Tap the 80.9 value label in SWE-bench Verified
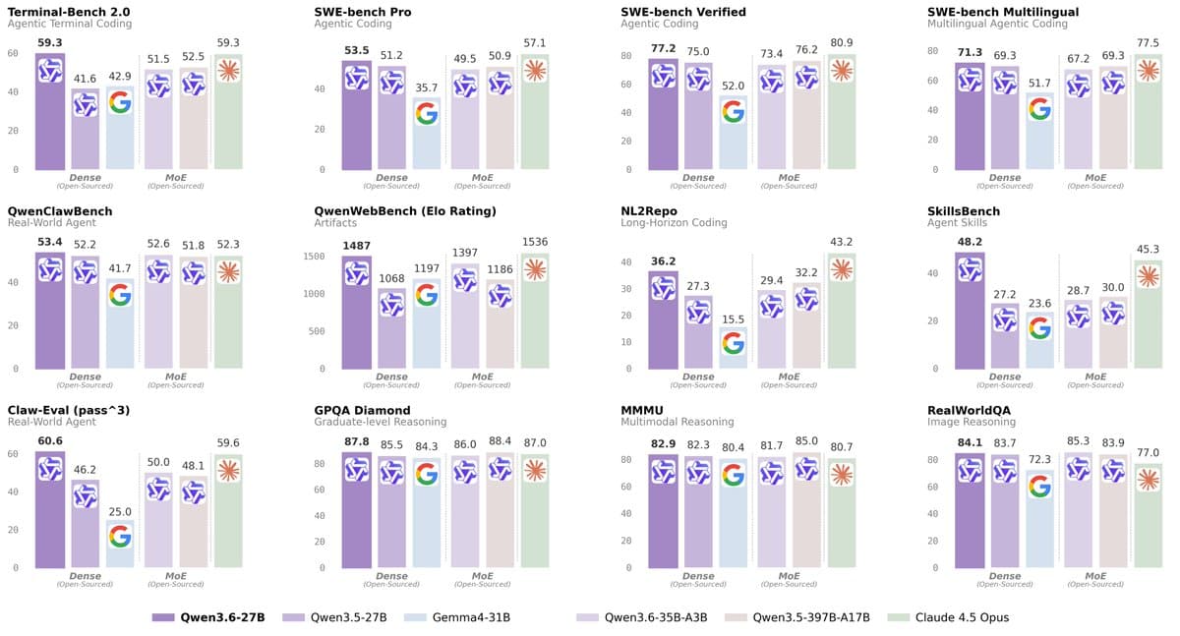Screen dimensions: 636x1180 click(842, 44)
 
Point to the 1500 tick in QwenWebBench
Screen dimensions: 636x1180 click(315, 257)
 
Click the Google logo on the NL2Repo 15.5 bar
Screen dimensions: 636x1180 click(733, 343)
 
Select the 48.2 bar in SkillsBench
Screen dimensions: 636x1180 click(970, 310)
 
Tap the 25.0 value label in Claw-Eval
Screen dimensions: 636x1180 click(120, 511)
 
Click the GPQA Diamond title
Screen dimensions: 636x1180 click(363, 410)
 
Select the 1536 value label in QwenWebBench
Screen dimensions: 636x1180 click(535, 242)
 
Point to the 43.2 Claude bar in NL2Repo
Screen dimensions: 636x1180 click(842, 310)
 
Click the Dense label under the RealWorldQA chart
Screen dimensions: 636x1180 click(1005, 575)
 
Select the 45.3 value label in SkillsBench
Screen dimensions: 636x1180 click(1149, 250)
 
